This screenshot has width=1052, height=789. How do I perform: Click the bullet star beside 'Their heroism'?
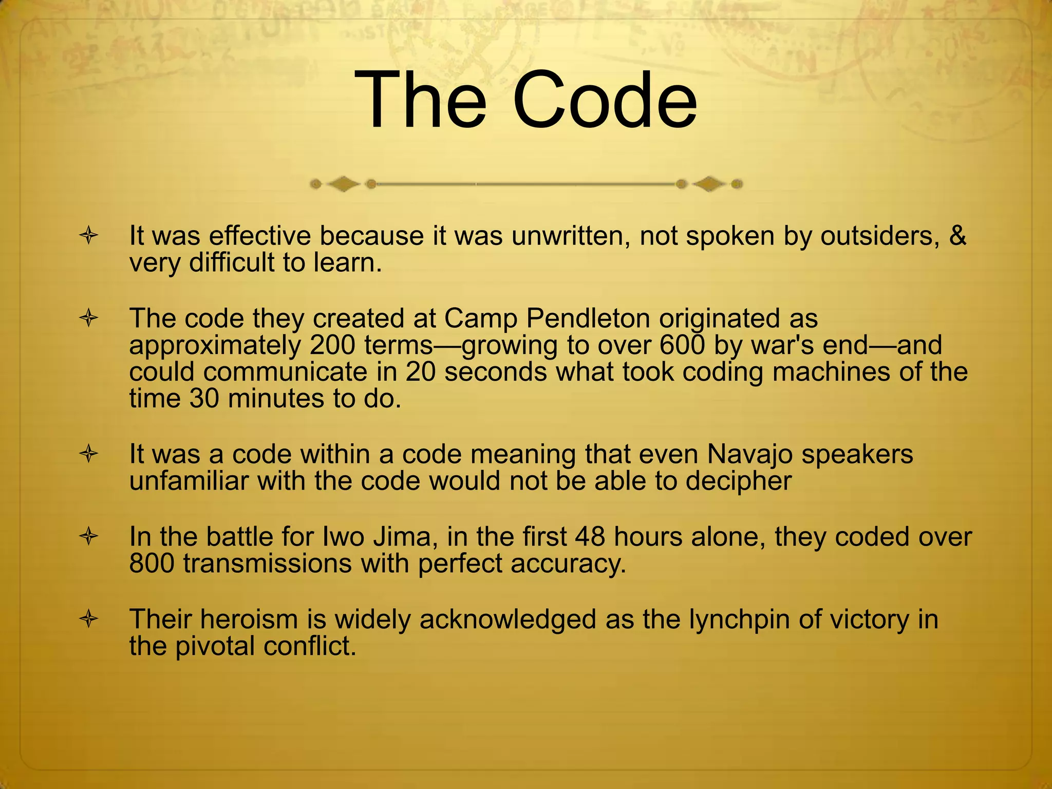[89, 619]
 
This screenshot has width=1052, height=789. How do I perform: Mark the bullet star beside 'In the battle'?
[89, 537]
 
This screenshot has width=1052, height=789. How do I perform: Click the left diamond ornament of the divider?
[343, 183]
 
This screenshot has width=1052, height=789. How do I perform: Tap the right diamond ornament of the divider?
[709, 183]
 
